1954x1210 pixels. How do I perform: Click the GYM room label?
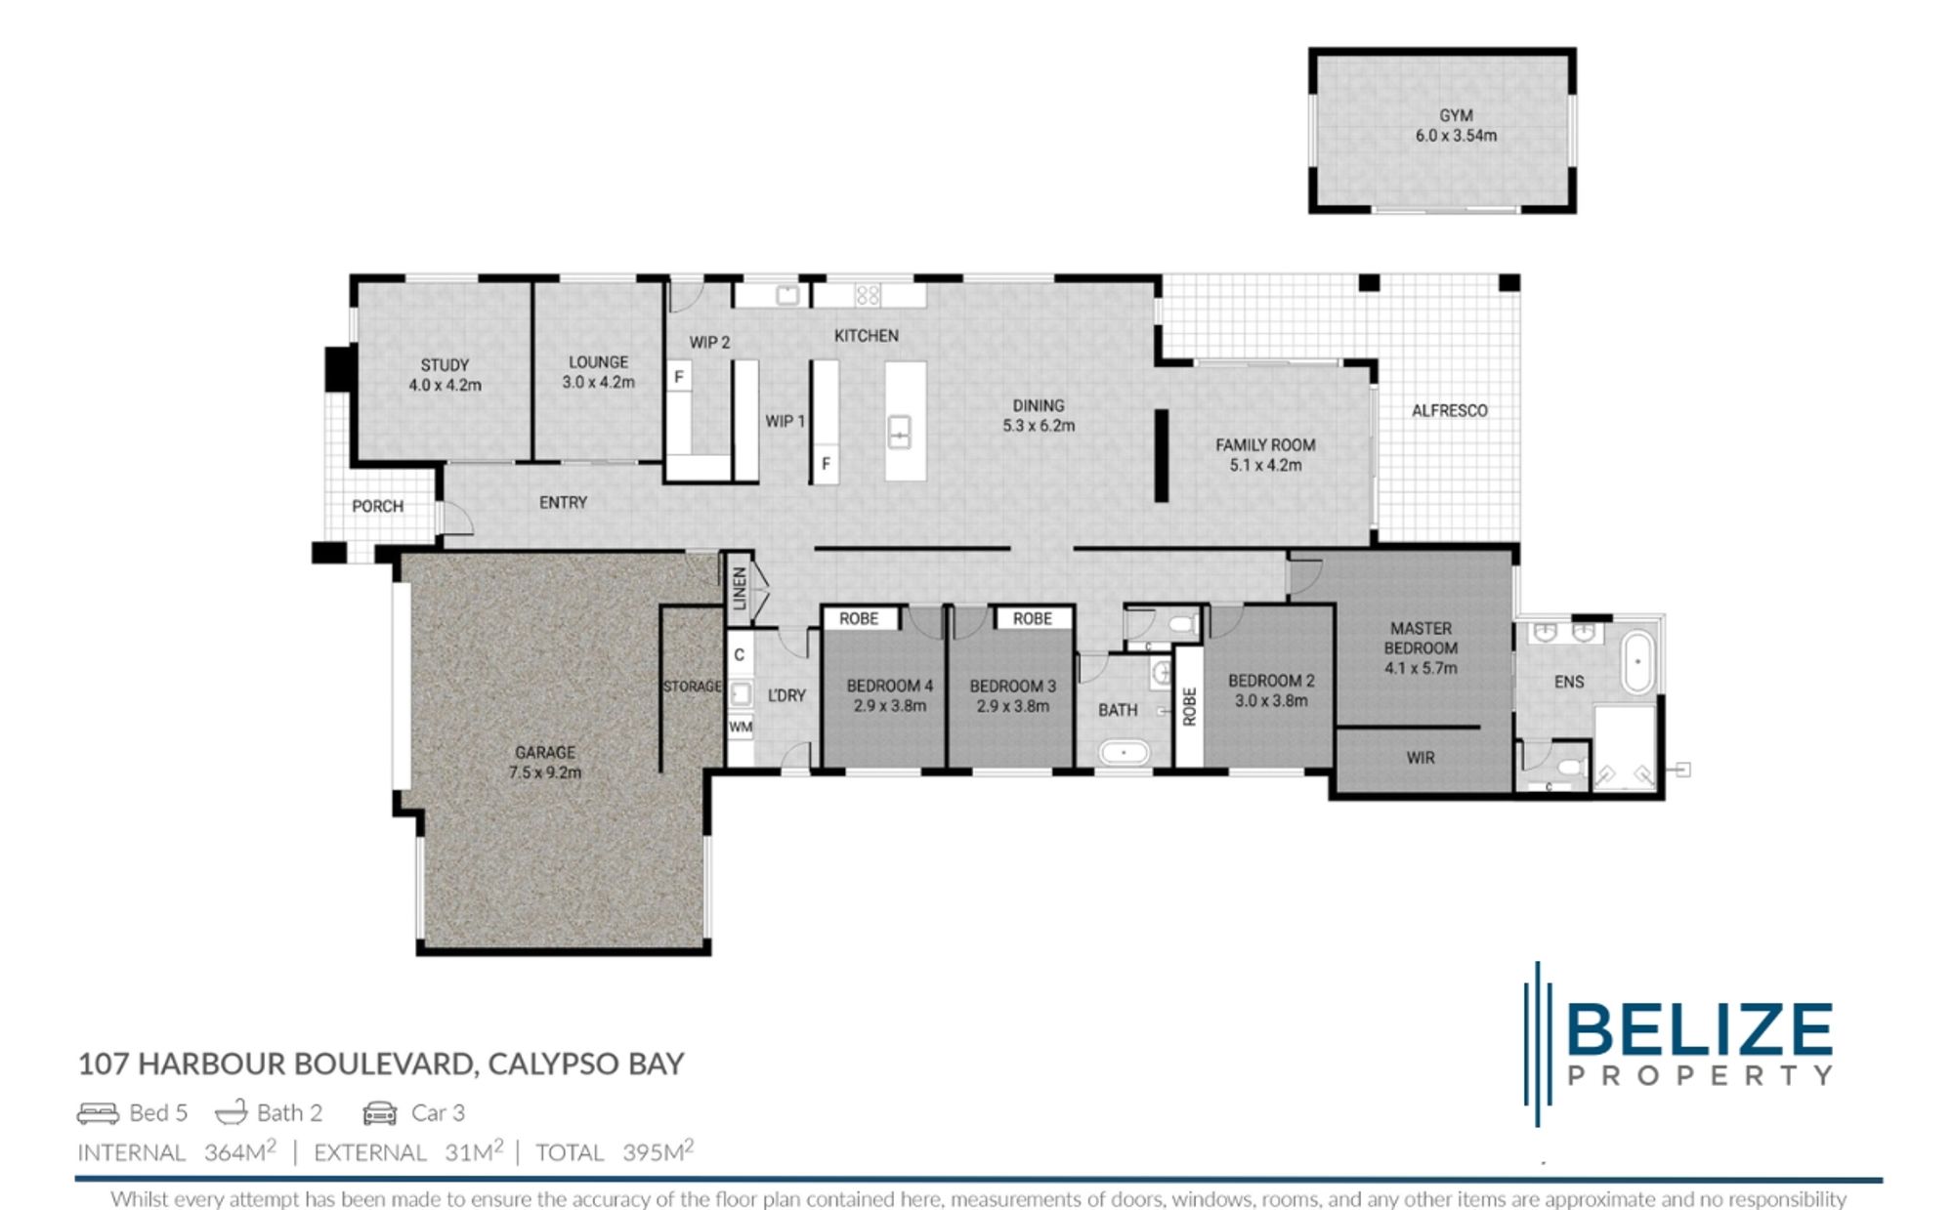click(x=1455, y=115)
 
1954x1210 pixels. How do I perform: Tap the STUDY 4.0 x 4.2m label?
click(x=445, y=375)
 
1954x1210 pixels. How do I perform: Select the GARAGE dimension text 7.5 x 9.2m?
click(x=544, y=772)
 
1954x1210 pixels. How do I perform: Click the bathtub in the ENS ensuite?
click(x=1637, y=662)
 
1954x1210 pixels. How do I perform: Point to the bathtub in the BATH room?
click(x=1123, y=753)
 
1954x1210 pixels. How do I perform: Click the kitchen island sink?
click(x=899, y=432)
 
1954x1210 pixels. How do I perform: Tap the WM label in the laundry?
click(x=740, y=727)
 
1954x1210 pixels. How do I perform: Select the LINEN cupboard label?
click(x=740, y=588)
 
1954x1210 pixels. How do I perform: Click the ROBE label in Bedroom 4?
click(x=859, y=618)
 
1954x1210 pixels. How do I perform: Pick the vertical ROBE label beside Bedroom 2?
click(x=1189, y=706)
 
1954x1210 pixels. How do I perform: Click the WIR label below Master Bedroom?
click(x=1420, y=758)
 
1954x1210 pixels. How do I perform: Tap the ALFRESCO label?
click(x=1449, y=411)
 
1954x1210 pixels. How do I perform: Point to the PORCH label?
click(x=377, y=506)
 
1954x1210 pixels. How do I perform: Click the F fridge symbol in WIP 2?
click(x=678, y=377)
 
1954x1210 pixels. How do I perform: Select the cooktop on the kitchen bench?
click(x=868, y=295)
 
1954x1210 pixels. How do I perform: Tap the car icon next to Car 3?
click(x=380, y=1113)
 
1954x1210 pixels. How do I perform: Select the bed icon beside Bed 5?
click(x=98, y=1113)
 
